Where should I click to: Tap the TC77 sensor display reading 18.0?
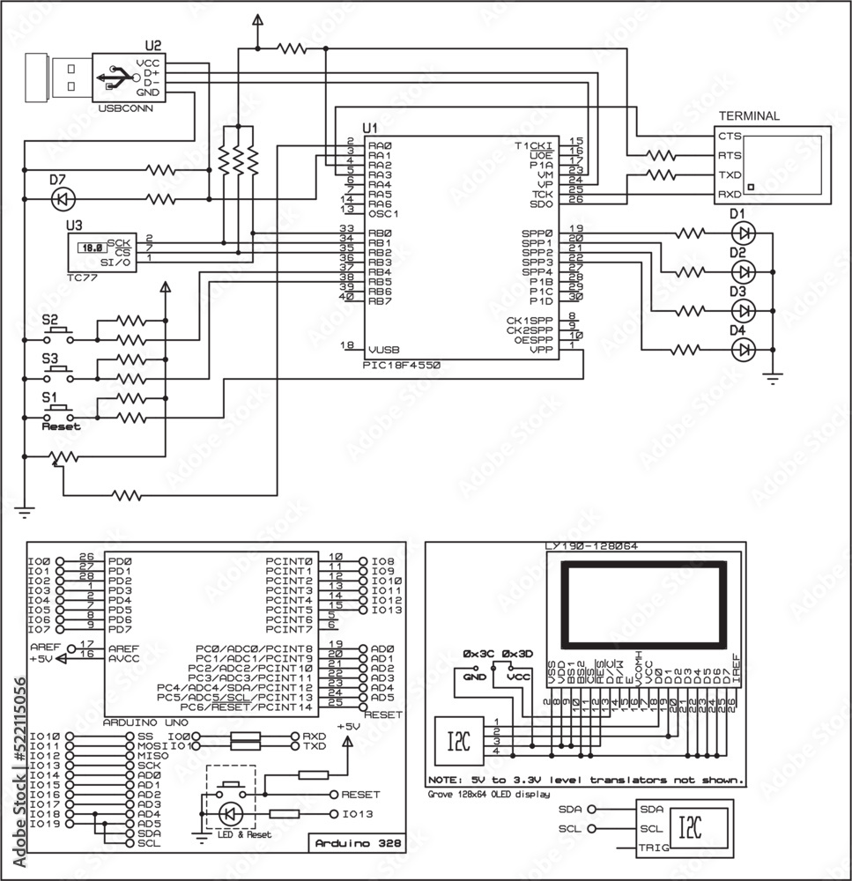[x=88, y=249]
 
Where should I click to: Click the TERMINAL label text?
[x=749, y=115]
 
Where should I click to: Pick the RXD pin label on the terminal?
[x=730, y=194]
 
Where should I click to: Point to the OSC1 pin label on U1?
[x=384, y=213]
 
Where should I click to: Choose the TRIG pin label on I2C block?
[x=654, y=849]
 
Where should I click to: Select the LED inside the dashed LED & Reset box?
[x=231, y=813]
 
